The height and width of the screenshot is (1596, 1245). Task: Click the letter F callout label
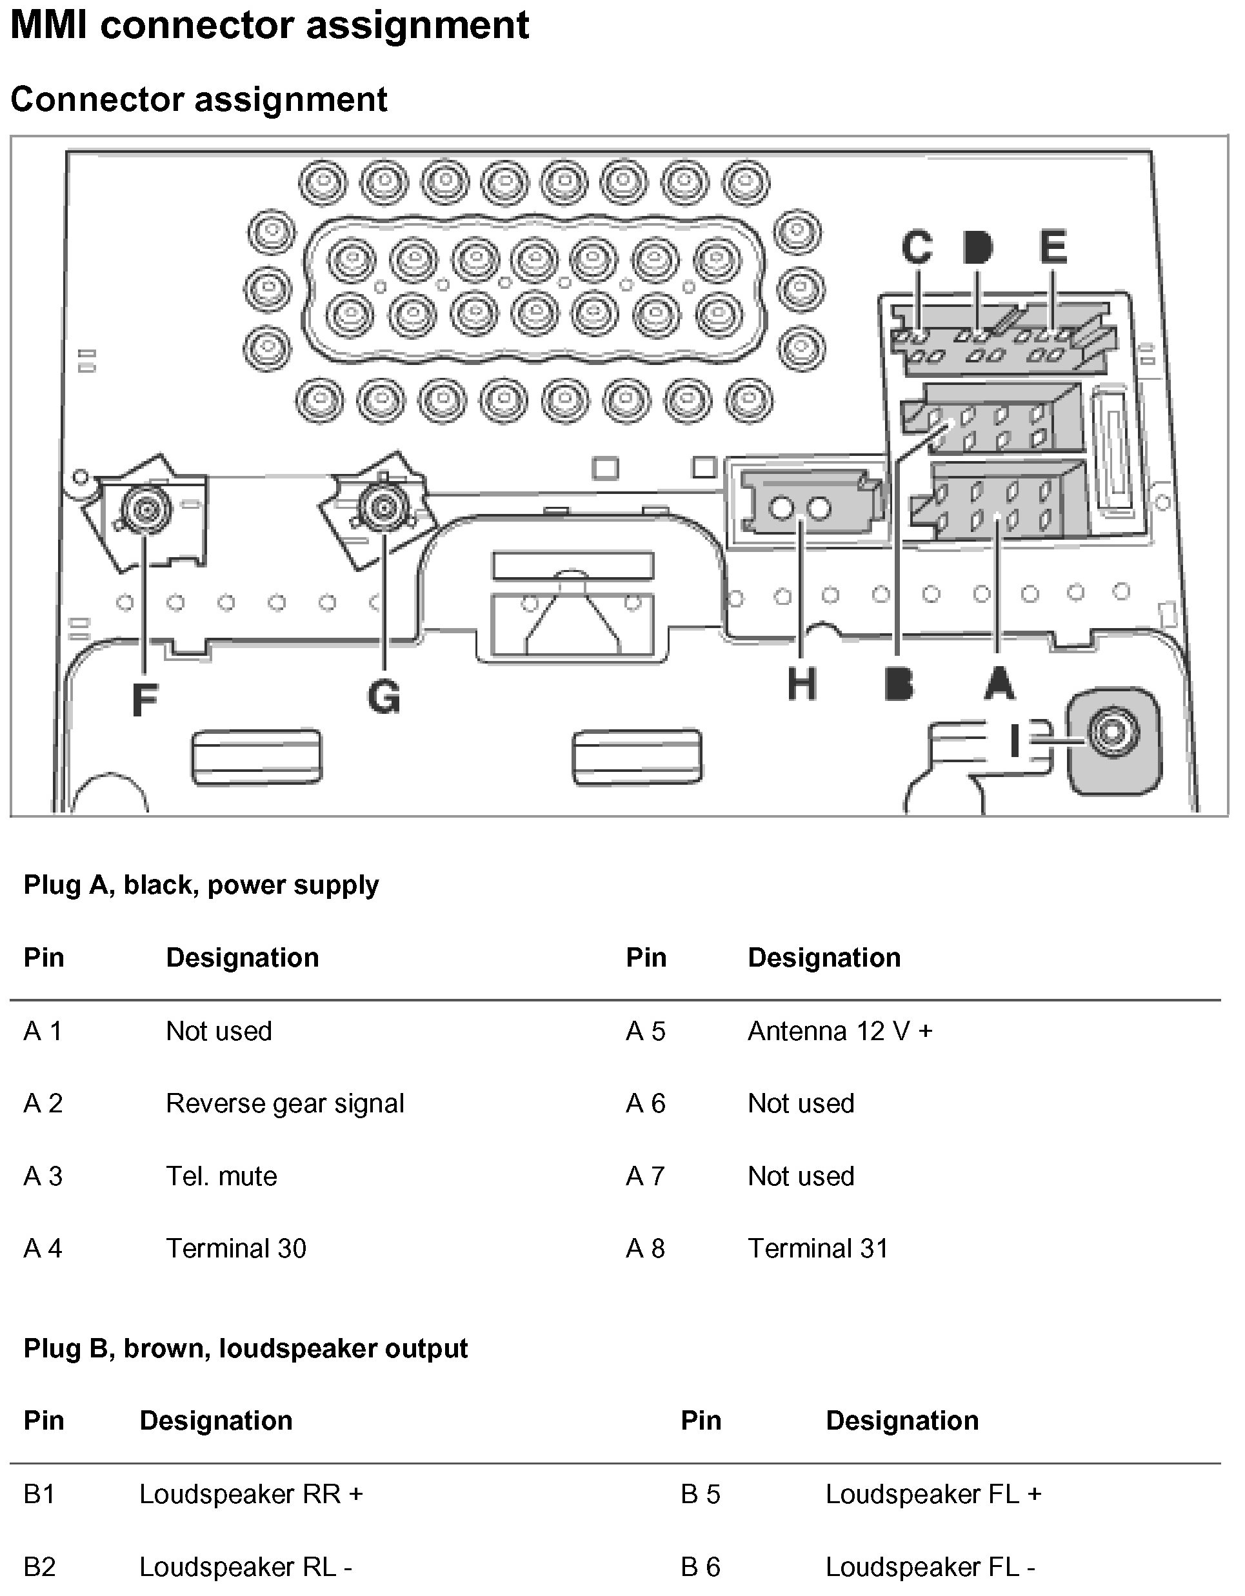144,700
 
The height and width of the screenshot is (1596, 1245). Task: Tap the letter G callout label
384,696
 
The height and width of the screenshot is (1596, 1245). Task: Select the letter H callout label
801,685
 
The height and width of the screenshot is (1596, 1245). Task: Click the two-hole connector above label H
801,507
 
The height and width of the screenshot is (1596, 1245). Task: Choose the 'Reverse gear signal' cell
284,1103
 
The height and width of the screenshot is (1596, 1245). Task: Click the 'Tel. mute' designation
221,1176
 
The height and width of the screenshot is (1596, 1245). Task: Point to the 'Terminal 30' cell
235,1248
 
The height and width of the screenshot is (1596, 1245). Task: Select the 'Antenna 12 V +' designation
839,1030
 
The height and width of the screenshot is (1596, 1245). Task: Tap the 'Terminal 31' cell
817,1248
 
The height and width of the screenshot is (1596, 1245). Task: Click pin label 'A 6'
645,1103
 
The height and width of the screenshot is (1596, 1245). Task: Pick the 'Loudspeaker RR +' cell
251,1493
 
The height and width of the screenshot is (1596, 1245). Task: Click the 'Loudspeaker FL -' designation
930,1567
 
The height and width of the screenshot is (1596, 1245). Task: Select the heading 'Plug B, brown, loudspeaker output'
246,1348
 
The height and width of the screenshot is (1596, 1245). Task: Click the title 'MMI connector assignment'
269,25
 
